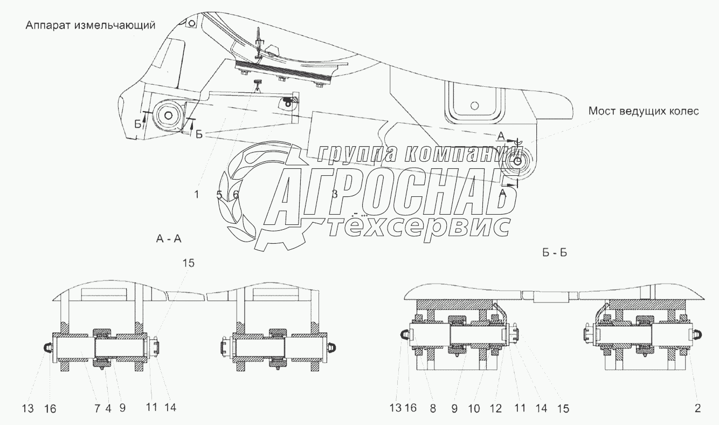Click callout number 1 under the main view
click(x=197, y=195)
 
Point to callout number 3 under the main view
click(x=334, y=195)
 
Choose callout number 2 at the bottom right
click(x=697, y=409)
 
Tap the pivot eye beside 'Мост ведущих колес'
click(x=517, y=161)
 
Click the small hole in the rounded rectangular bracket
click(x=474, y=106)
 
